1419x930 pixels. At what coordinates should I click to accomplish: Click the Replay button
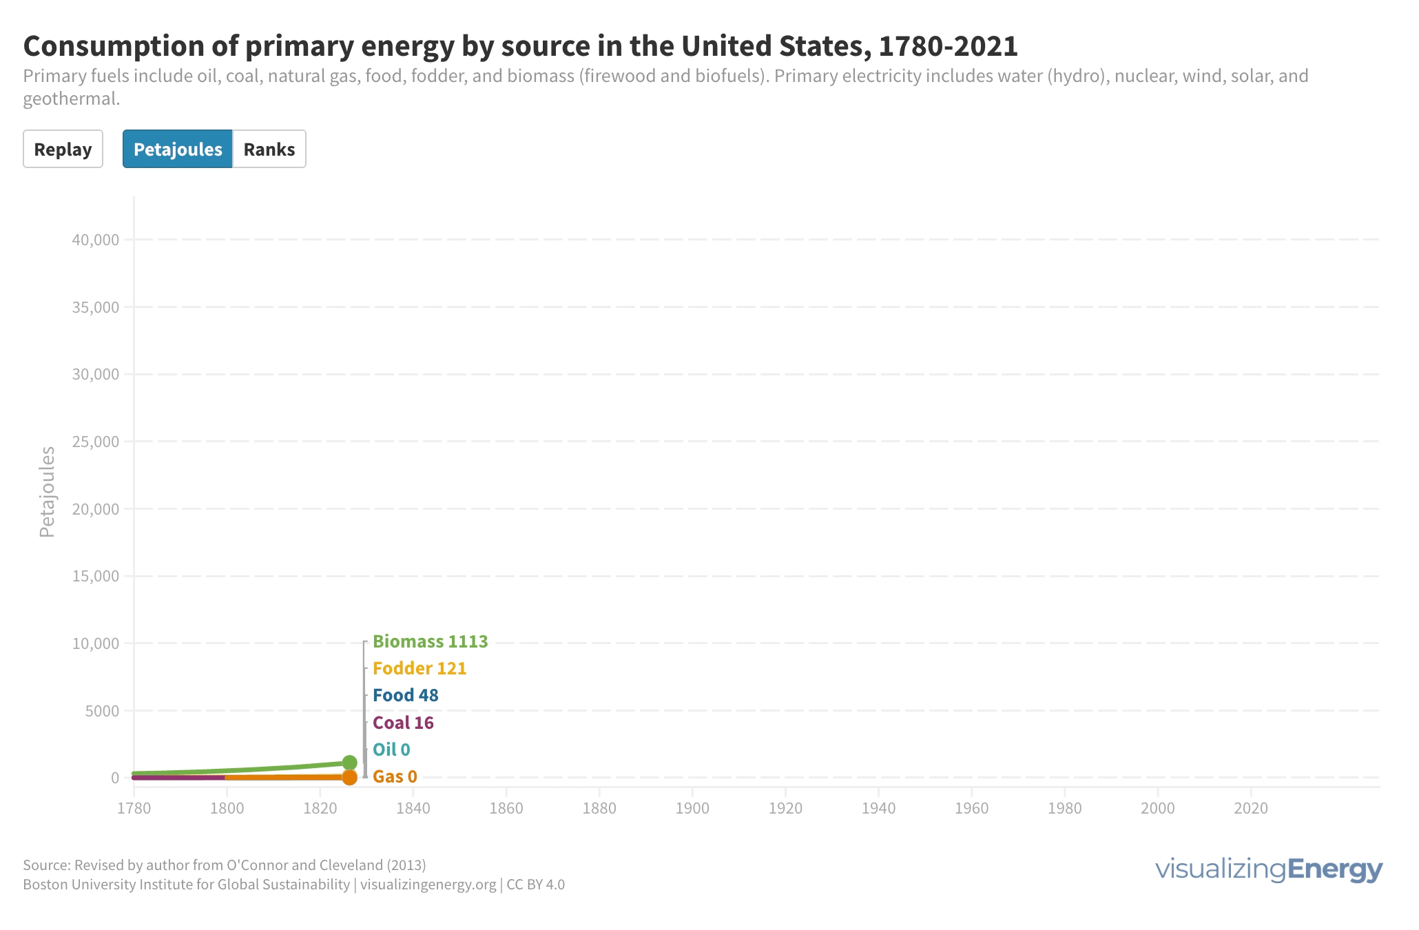pos(63,149)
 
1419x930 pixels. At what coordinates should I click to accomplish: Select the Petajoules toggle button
pos(178,149)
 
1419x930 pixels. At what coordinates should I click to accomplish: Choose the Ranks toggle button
pos(269,149)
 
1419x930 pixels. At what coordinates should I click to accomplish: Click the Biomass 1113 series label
pos(430,641)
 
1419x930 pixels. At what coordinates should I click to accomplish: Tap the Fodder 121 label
pos(420,668)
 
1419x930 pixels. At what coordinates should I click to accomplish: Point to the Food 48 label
pos(405,695)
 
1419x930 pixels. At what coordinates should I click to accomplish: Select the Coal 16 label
pos(403,723)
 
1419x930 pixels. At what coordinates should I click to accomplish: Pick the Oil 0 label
pos(391,750)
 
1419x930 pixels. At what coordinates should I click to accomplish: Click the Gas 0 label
pos(395,776)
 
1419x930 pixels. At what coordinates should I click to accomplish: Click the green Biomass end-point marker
pos(349,763)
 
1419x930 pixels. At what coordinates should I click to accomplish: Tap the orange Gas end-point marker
pos(349,778)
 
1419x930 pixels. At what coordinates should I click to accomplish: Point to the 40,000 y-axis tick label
pos(96,240)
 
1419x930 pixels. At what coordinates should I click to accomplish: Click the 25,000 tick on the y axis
pos(96,442)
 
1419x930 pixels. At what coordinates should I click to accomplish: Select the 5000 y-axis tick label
pos(102,710)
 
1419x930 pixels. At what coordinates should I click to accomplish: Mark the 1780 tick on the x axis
pos(134,808)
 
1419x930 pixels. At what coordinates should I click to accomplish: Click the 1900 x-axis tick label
pos(692,808)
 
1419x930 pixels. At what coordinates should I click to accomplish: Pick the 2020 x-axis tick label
pos(1251,808)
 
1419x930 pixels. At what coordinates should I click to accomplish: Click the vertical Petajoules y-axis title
pos(47,492)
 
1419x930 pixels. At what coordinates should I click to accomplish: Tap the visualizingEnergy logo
pos(1268,869)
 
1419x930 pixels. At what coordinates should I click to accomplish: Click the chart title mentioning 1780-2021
pos(520,46)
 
